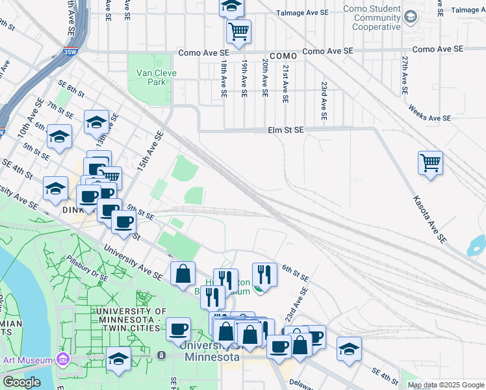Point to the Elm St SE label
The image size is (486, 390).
(285, 130)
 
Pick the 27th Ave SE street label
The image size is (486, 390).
(404, 75)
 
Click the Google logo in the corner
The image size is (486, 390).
(21, 382)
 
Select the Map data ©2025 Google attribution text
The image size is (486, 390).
(445, 385)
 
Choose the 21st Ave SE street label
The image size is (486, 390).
(285, 83)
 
